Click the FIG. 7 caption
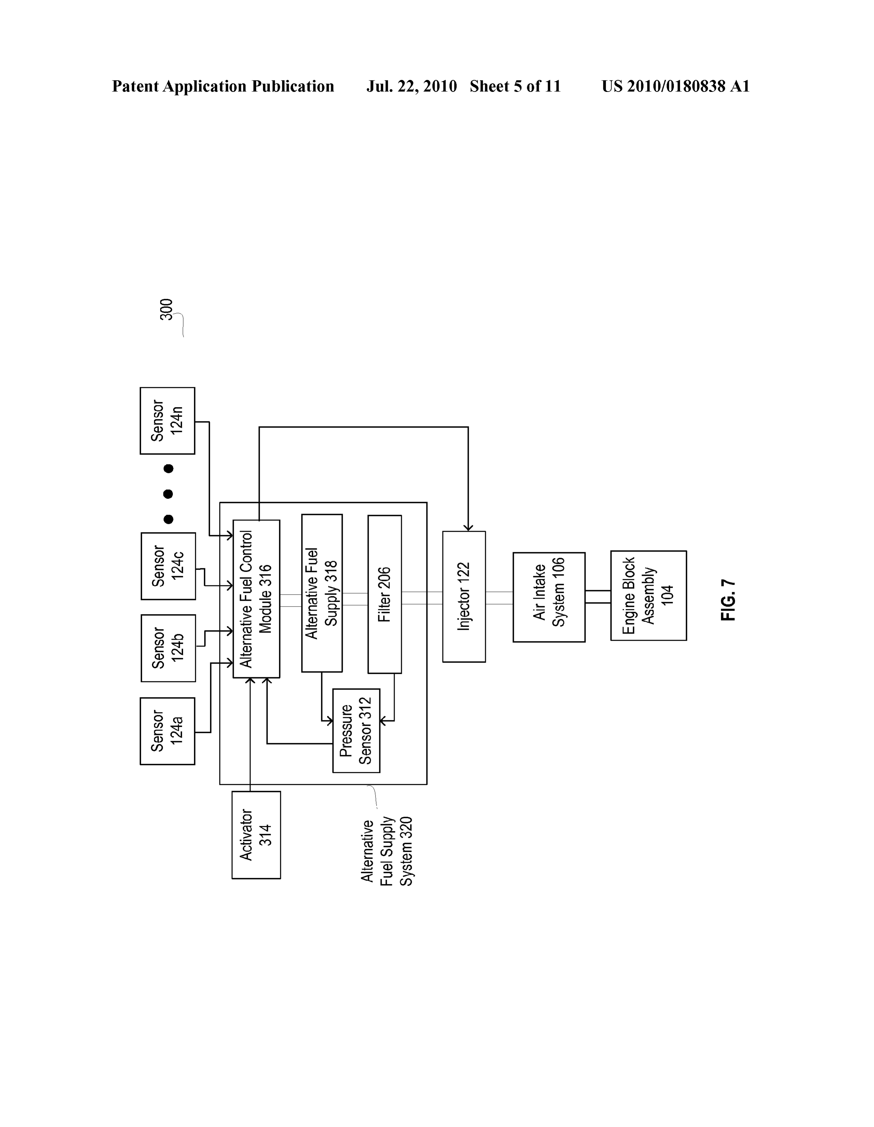[x=728, y=600]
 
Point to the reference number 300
[x=166, y=310]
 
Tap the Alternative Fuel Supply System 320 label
[x=386, y=851]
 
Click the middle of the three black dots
[x=168, y=494]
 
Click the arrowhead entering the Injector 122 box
[x=468, y=527]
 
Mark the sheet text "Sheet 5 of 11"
[x=515, y=86]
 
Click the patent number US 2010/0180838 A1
[x=675, y=86]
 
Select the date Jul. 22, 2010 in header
[x=412, y=86]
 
